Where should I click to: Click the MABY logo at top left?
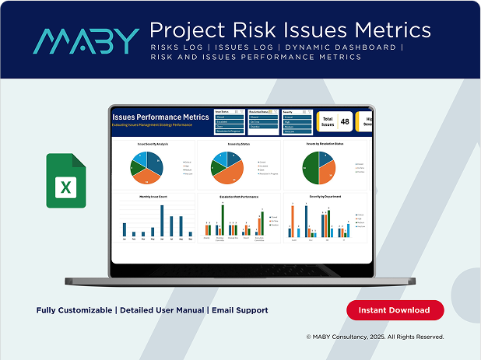coord(86,40)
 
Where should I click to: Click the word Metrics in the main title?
coord(386,30)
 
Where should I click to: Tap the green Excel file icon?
coord(66,180)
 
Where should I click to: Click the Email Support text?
coord(240,310)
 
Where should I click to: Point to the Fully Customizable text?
coord(74,310)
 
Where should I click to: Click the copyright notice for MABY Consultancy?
coord(374,337)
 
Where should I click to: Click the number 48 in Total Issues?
coord(344,121)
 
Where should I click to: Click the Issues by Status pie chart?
coord(234,166)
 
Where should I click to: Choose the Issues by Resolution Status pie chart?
coord(319,166)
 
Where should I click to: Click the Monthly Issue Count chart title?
coord(153,197)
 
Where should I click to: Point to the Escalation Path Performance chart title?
coord(239,197)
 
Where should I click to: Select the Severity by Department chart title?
coord(325,197)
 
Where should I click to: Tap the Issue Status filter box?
coord(227,122)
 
